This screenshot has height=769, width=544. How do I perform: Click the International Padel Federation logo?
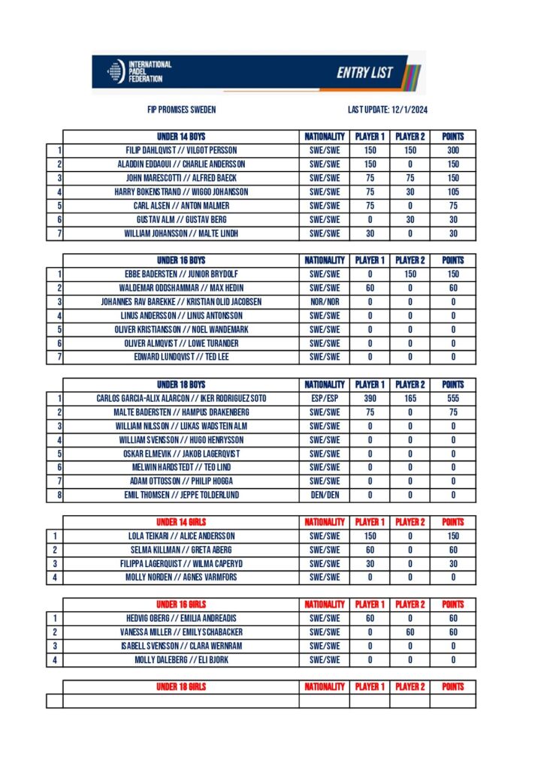tap(139, 71)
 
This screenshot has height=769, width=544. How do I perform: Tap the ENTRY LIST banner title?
tap(365, 72)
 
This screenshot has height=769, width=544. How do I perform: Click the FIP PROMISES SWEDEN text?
tap(182, 110)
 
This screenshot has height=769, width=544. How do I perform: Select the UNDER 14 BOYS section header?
tap(181, 137)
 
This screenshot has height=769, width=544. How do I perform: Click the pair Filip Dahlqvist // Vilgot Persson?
tap(181, 150)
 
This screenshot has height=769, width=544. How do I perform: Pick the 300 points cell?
tap(453, 150)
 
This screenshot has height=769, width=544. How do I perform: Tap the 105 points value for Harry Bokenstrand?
tap(453, 191)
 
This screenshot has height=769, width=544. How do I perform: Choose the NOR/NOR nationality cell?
tap(325, 302)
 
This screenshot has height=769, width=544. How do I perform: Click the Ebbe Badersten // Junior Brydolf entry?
tap(181, 274)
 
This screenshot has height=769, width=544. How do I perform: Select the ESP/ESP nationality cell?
tap(325, 398)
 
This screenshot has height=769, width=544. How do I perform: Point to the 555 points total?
tap(453, 398)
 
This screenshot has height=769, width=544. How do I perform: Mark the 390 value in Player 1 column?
tap(370, 398)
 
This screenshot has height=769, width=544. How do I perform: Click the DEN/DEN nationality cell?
tap(325, 495)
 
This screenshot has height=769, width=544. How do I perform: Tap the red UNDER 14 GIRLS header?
tap(181, 522)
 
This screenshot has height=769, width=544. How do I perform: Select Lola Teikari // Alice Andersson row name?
tap(181, 536)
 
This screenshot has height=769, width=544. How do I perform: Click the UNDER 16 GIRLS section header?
tap(181, 605)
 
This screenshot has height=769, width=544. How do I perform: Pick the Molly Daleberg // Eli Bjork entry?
tap(181, 660)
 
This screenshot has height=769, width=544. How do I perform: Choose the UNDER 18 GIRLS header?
tap(181, 686)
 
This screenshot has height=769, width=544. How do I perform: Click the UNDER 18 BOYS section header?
tap(181, 384)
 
